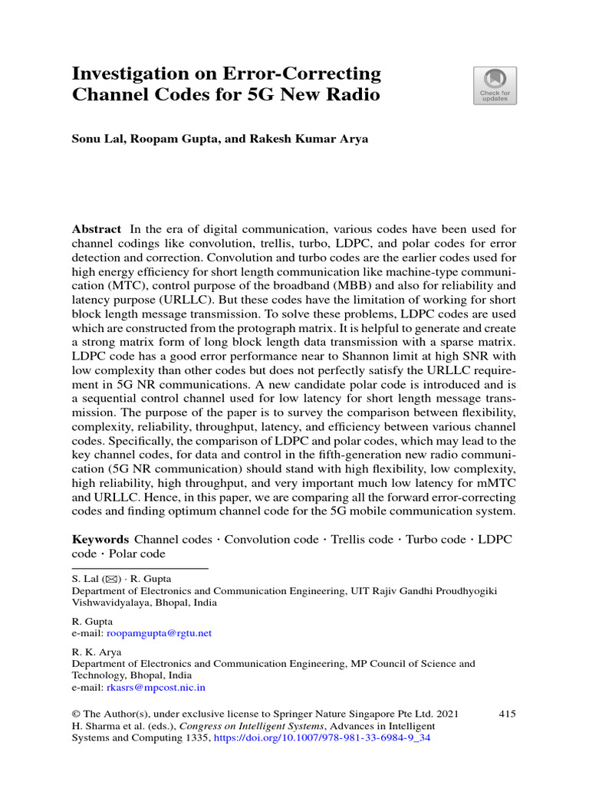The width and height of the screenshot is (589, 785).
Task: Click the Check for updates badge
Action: (x=495, y=85)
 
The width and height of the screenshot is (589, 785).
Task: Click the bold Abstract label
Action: (x=96, y=229)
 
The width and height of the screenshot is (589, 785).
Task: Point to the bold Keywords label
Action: (x=100, y=540)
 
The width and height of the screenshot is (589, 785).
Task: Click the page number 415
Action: (x=507, y=714)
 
